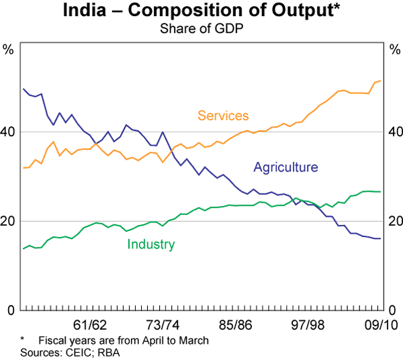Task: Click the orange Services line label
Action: click(223, 116)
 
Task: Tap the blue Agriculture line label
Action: click(285, 167)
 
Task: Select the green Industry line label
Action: click(150, 244)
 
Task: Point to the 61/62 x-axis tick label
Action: click(90, 325)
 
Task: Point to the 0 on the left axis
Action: click(11, 310)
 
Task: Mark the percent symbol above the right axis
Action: click(394, 48)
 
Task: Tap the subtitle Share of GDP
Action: click(201, 29)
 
